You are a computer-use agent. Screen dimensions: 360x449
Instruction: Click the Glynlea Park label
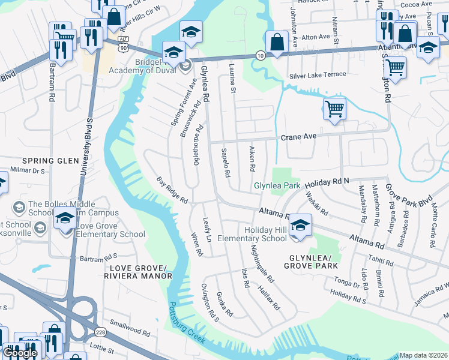tap(277, 186)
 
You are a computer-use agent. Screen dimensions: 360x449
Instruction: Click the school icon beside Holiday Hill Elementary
tap(300, 225)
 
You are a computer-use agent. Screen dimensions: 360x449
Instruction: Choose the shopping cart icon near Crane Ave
tap(334, 109)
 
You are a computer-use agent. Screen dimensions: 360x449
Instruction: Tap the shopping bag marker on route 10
tap(276, 42)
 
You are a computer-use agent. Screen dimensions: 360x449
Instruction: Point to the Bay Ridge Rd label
tap(172, 190)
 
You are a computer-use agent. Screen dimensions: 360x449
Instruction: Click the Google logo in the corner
tap(20, 353)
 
